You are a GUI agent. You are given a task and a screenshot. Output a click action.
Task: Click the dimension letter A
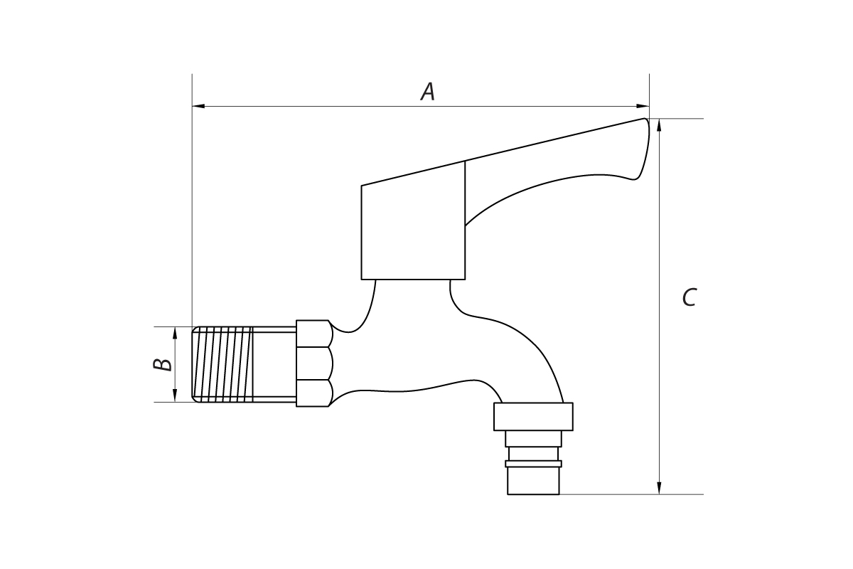coord(428,92)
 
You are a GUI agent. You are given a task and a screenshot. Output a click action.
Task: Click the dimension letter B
coord(163,364)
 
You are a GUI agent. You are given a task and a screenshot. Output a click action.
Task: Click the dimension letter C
coord(690,297)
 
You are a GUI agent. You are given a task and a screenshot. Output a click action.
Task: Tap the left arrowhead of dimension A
coord(198,106)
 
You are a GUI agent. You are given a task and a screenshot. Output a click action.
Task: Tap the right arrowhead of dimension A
coord(643,106)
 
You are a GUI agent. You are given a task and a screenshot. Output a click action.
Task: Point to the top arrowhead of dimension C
coord(659,125)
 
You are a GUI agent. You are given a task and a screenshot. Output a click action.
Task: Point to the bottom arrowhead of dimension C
coord(659,488)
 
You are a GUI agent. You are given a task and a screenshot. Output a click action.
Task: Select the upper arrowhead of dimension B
coord(175,333)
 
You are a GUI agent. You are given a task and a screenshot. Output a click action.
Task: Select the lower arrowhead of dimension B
coord(175,395)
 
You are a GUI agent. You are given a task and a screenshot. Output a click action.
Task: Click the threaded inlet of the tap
coord(222,364)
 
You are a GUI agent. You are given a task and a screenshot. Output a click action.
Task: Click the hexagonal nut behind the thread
coord(314,363)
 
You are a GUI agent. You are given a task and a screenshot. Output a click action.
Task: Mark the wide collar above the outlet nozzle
coord(533,417)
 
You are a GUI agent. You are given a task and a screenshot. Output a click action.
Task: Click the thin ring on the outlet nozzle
coord(533,464)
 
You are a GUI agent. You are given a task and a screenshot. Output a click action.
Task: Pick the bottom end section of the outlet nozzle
coord(533,481)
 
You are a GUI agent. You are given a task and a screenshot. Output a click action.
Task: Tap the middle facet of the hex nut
coord(314,363)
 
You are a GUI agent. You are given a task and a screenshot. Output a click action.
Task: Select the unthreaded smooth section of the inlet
coord(274,364)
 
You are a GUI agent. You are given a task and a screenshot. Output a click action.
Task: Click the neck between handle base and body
coord(413,301)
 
